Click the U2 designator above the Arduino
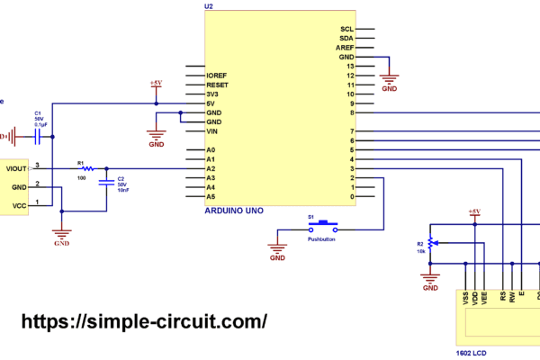tap(209, 6)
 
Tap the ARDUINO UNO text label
tap(237, 209)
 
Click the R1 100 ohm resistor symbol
tap(87, 168)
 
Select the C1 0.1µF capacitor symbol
tap(39, 136)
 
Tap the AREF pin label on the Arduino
tap(346, 48)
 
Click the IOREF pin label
tap(217, 76)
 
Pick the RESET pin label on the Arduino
tap(217, 85)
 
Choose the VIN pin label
tap(212, 131)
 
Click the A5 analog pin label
tap(211, 196)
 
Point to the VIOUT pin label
tap(16, 168)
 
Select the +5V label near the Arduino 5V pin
tap(156, 83)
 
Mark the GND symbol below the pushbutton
tap(277, 254)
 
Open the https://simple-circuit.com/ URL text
tap(143, 321)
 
